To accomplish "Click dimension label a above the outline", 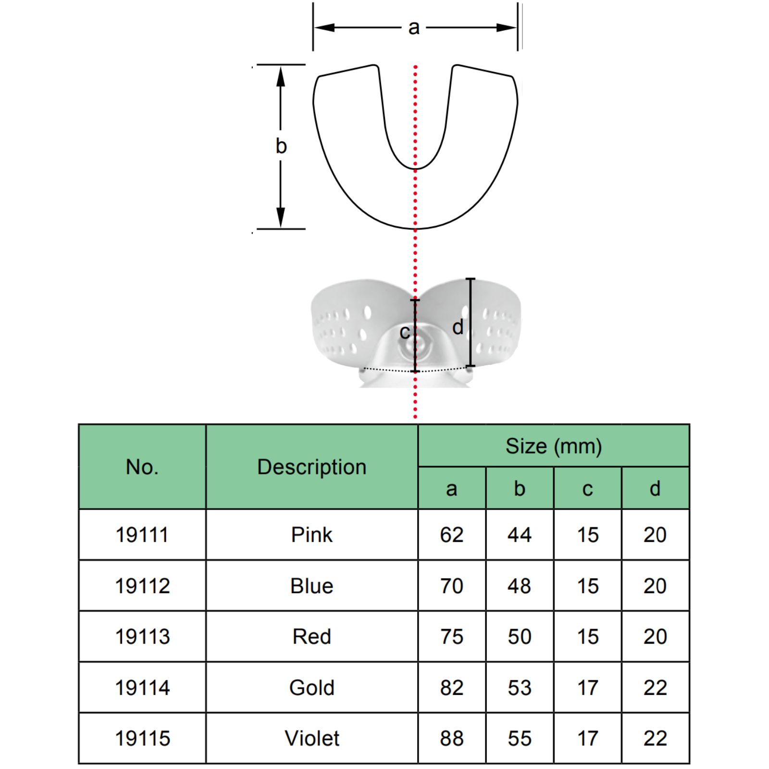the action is (x=414, y=28).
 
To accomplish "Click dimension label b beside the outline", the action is (x=281, y=146).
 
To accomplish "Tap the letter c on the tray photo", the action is (x=405, y=332).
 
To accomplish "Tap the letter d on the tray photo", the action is (x=458, y=327).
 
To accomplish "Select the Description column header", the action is (x=312, y=467).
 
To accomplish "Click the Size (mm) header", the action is (x=554, y=447).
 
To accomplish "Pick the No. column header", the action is (x=142, y=467).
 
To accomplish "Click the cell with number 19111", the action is (x=142, y=535).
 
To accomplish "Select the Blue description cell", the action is (x=312, y=586).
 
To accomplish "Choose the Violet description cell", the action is (x=312, y=738).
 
